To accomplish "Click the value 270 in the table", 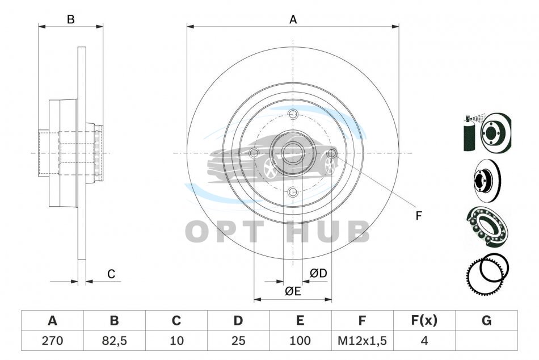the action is coord(52,341).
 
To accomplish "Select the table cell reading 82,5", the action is coord(114,341).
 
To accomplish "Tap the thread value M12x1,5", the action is coord(362,341).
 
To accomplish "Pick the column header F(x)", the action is coord(424,320).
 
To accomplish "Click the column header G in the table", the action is coord(486,320).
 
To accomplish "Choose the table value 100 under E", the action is coord(300,341).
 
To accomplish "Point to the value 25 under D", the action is coord(238,341).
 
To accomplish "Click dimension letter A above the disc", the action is coord(293,19).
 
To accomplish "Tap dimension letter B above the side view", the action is coord(70,19).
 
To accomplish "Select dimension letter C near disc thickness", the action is coord(111,274).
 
